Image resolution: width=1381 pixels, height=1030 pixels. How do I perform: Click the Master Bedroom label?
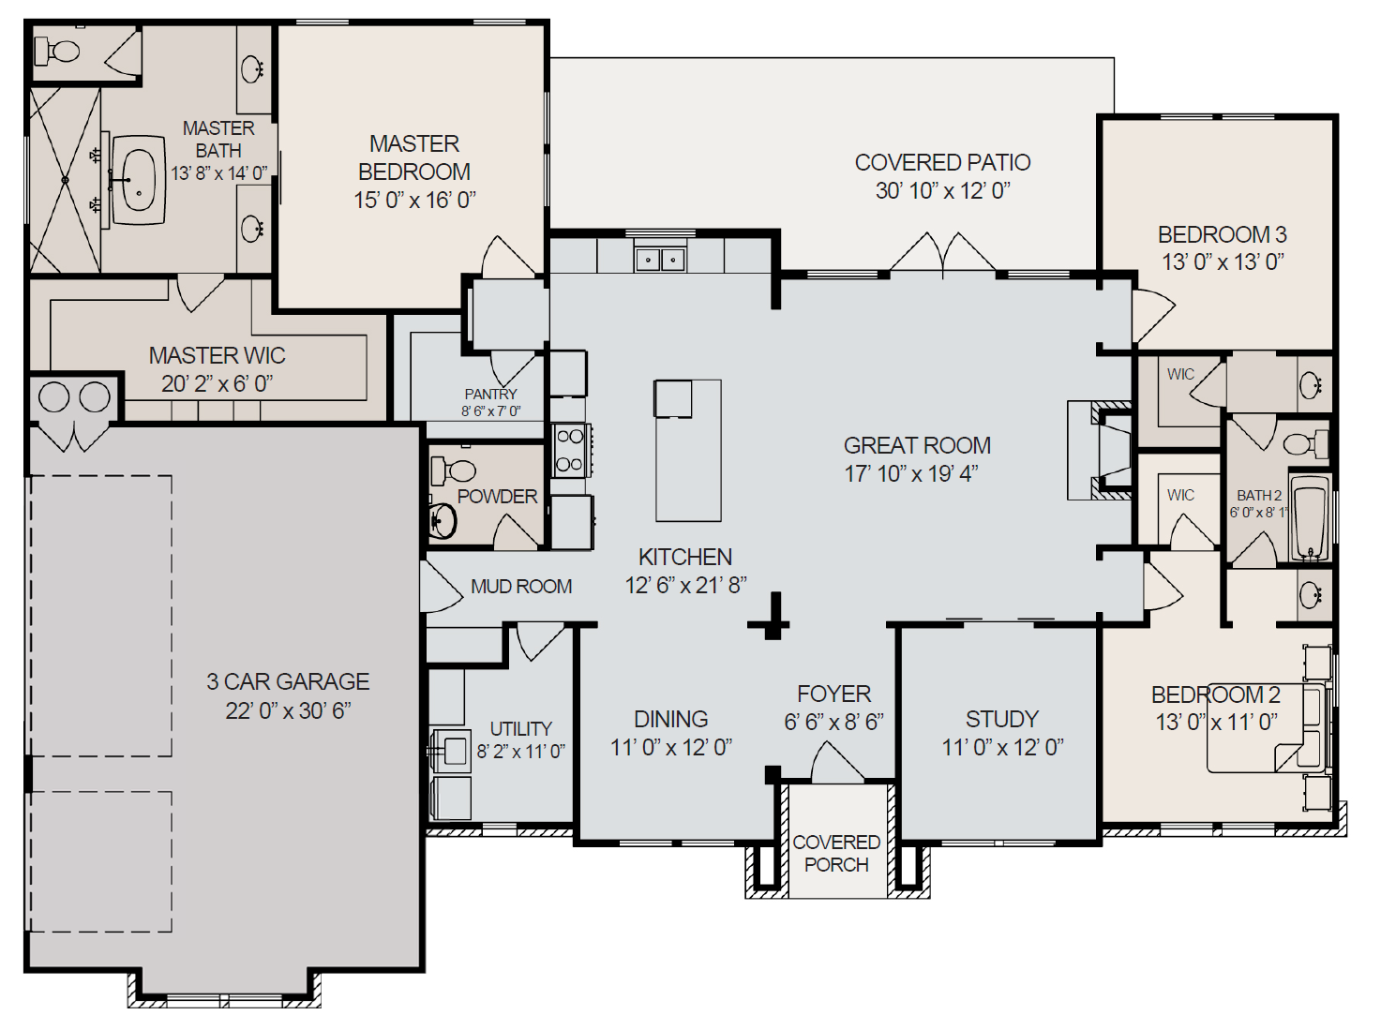tap(414, 157)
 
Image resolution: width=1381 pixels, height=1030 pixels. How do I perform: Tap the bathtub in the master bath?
tap(139, 181)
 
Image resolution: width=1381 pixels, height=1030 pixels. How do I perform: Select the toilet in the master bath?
tap(62, 52)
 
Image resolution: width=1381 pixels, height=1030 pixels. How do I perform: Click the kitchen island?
tap(688, 450)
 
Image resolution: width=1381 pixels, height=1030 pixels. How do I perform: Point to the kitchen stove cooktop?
tap(569, 450)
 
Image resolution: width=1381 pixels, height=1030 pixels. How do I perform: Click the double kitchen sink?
tap(660, 259)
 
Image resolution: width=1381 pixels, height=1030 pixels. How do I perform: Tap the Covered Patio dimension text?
tap(942, 191)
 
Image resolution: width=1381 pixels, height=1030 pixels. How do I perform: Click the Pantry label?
tap(490, 395)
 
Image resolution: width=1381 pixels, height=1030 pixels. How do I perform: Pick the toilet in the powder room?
tap(457, 470)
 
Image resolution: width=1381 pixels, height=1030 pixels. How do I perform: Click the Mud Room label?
tap(521, 587)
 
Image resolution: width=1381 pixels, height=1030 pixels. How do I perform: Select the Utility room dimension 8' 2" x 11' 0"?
tap(521, 752)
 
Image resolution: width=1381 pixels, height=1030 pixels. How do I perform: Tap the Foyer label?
tap(833, 694)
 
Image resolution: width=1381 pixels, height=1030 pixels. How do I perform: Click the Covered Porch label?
tap(836, 853)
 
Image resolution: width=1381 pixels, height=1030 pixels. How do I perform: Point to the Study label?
tap(1002, 719)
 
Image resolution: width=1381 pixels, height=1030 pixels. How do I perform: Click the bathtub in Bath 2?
tap(1310, 518)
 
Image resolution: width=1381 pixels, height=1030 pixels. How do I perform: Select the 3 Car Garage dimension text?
tap(288, 710)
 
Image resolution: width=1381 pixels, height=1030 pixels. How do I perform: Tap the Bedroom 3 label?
tap(1222, 234)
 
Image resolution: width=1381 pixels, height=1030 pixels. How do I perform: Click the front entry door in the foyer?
tap(836, 764)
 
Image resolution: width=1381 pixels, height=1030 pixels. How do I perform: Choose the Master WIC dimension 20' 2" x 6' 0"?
tap(217, 383)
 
